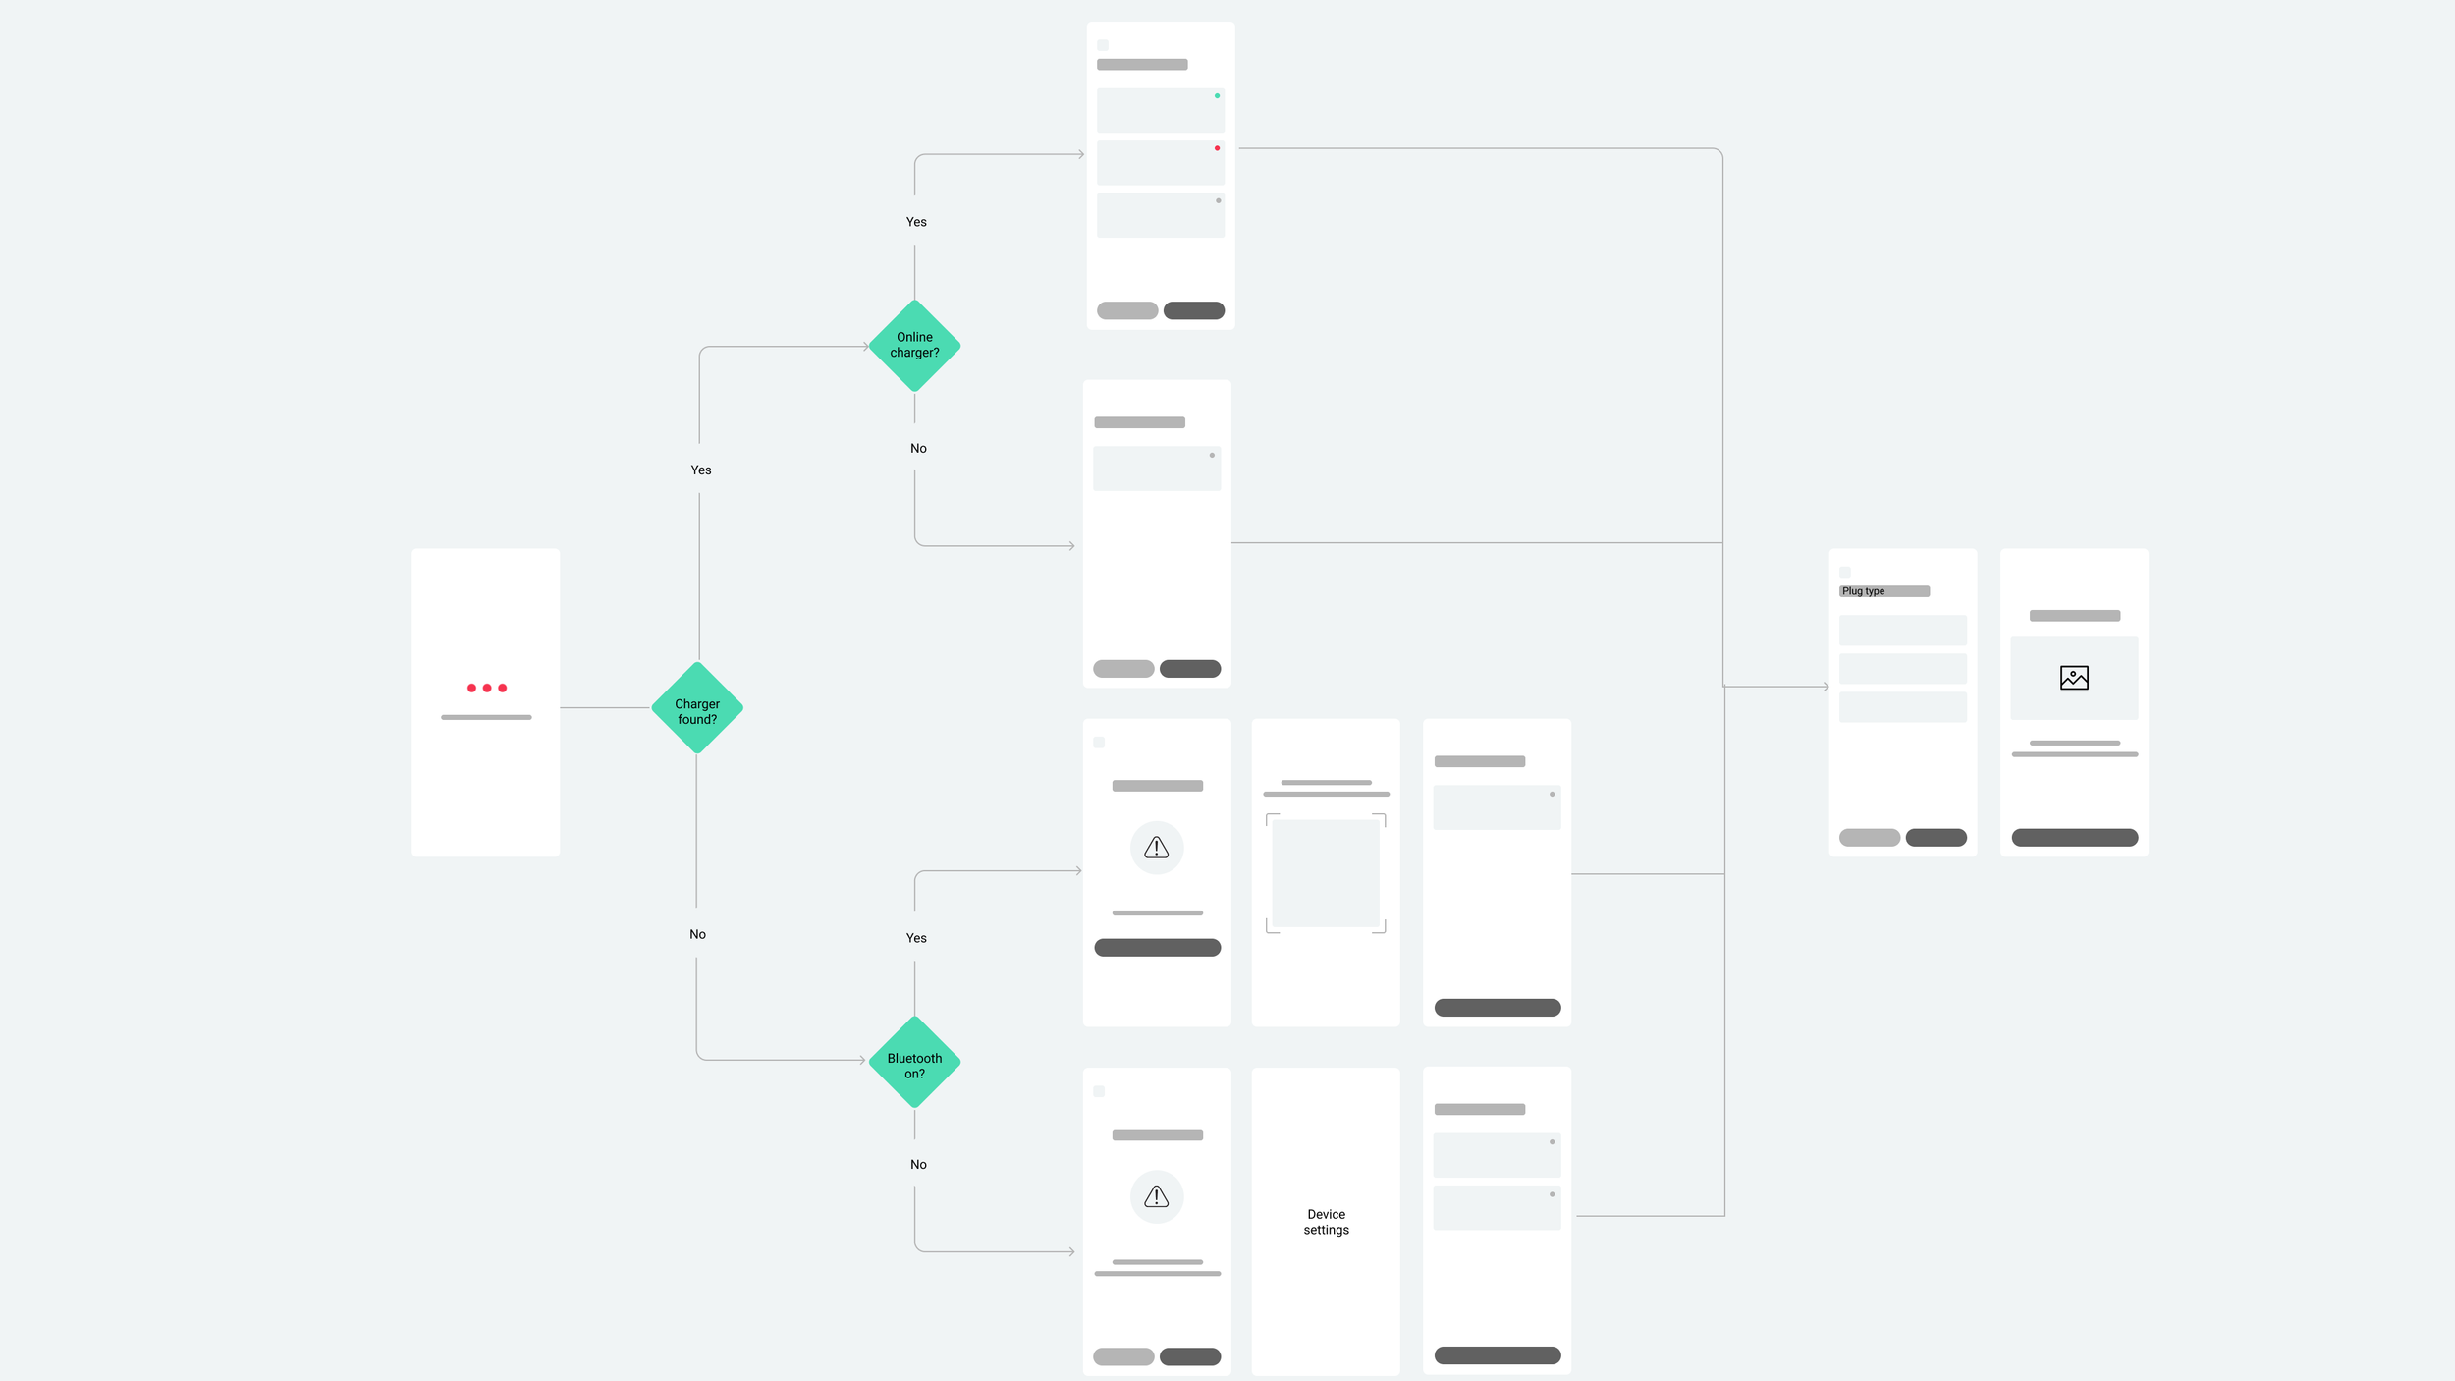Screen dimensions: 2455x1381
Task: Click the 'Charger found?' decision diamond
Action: tap(697, 708)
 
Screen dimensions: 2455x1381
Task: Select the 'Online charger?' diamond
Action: tap(914, 346)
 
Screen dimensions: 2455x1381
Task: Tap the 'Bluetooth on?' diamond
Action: tap(914, 1063)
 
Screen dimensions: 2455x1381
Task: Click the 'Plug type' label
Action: tap(1863, 591)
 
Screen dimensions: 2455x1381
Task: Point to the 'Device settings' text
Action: tap(1326, 1222)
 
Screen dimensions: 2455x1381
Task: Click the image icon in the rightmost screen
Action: tap(2074, 678)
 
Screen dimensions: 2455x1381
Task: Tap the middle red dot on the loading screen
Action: tap(487, 688)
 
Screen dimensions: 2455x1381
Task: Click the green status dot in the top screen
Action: tap(1217, 96)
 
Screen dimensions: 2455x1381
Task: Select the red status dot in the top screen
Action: tap(1217, 148)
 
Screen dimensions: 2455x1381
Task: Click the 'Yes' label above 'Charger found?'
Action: tap(701, 470)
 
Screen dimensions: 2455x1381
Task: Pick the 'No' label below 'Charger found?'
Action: tap(697, 934)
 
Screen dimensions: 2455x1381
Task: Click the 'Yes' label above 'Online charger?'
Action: tap(916, 222)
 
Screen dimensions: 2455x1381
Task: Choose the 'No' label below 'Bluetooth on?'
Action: tap(918, 1164)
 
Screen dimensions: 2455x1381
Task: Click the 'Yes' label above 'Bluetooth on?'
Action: tap(916, 938)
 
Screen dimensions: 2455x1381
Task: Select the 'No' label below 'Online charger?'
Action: tap(918, 448)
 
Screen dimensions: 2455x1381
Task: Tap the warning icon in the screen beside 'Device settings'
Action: tap(1157, 1196)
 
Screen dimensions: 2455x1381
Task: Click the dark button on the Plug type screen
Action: tap(1936, 838)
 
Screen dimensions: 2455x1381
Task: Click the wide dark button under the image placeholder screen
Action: tap(2074, 838)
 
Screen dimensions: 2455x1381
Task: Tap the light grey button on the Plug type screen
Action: tap(1869, 838)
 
